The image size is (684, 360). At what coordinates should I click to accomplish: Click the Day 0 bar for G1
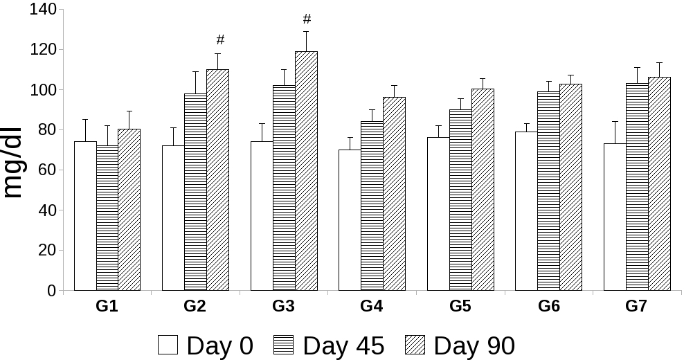coord(85,216)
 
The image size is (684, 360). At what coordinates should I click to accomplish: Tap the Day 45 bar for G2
coord(195,192)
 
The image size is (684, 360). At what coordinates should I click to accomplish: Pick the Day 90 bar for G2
coord(217,180)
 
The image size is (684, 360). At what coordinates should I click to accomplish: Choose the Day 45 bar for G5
coord(460,200)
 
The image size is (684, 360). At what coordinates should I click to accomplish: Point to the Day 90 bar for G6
coord(570,187)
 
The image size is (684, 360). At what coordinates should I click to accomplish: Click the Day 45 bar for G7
coord(637,187)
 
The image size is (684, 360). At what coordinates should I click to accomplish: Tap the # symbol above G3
coord(307,19)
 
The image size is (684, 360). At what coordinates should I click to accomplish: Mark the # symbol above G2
coord(220,39)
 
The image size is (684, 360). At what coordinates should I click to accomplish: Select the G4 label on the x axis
coord(372,306)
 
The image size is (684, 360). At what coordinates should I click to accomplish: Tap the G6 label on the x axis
coord(548,306)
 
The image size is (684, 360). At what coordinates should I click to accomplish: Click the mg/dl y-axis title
coord(14,163)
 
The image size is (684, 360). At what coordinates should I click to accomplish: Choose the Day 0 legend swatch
coord(168,345)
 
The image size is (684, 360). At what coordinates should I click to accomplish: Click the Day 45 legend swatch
coord(285,345)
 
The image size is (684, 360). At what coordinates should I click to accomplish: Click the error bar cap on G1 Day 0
coord(85,120)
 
